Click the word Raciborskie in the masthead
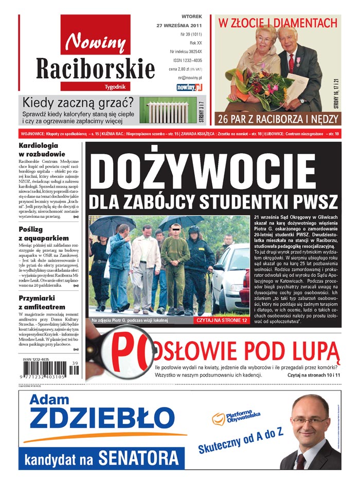96,67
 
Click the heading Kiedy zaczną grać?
78,101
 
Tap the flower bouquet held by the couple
260,82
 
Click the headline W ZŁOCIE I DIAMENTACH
278,23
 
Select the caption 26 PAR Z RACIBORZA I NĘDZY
277,119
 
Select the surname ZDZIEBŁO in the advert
101,419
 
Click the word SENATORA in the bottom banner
139,457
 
